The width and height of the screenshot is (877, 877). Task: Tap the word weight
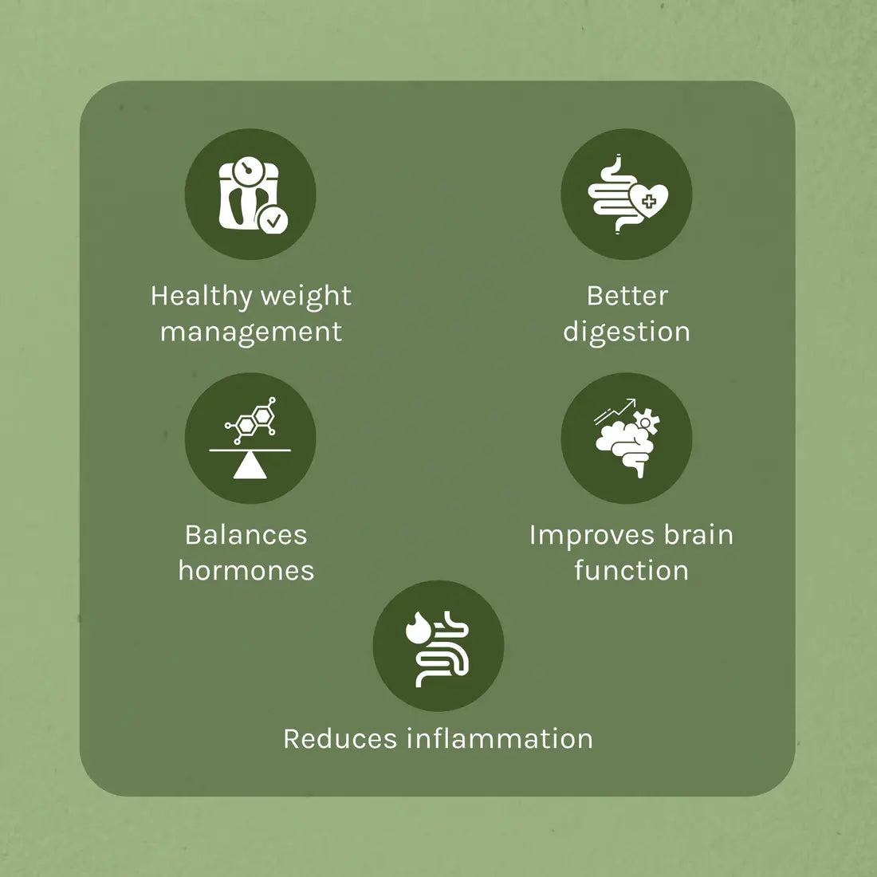306,297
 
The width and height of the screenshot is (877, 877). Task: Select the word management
251,332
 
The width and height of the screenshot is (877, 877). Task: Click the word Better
627,296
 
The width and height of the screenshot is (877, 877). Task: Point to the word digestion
627,332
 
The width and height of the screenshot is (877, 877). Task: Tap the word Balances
246,535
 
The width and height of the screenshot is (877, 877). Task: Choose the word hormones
246,571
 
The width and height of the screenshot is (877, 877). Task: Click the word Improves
585,536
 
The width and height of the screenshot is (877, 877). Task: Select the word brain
698,535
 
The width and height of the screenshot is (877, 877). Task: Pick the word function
631,571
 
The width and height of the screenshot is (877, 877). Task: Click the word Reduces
340,739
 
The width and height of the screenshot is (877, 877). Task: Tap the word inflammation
500,739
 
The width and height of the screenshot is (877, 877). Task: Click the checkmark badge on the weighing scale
273,218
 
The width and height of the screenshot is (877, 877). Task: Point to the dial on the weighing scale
249,169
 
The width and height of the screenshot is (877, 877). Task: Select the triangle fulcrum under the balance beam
250,466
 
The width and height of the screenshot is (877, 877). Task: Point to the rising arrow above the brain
615,410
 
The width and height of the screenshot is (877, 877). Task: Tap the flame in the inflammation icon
418,629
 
